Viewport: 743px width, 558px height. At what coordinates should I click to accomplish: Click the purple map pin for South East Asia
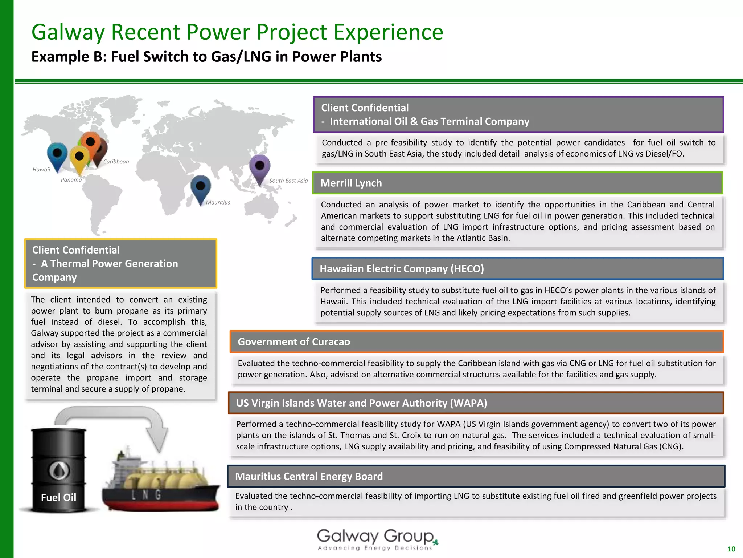pos(260,167)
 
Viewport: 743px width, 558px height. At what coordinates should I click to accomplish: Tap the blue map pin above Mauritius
pos(201,187)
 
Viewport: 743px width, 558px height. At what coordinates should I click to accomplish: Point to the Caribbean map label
pos(116,162)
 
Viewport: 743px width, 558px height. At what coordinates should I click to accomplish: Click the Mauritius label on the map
pos(218,202)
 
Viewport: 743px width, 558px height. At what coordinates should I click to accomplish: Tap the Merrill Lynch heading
pos(351,183)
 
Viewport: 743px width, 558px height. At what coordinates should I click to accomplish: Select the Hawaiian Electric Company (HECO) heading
pos(402,269)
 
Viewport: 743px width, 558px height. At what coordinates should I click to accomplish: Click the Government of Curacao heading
pos(294,342)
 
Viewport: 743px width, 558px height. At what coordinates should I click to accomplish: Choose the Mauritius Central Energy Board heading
pos(309,476)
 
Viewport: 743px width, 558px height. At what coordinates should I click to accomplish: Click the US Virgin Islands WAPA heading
pos(361,403)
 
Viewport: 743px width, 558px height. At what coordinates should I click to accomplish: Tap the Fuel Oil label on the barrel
pos(58,497)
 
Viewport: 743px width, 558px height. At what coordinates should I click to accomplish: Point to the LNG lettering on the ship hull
pos(146,495)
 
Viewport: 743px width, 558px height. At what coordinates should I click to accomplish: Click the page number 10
pos(731,549)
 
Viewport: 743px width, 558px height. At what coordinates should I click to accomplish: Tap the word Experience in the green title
pos(388,32)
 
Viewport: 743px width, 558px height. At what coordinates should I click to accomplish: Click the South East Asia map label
pos(288,181)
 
